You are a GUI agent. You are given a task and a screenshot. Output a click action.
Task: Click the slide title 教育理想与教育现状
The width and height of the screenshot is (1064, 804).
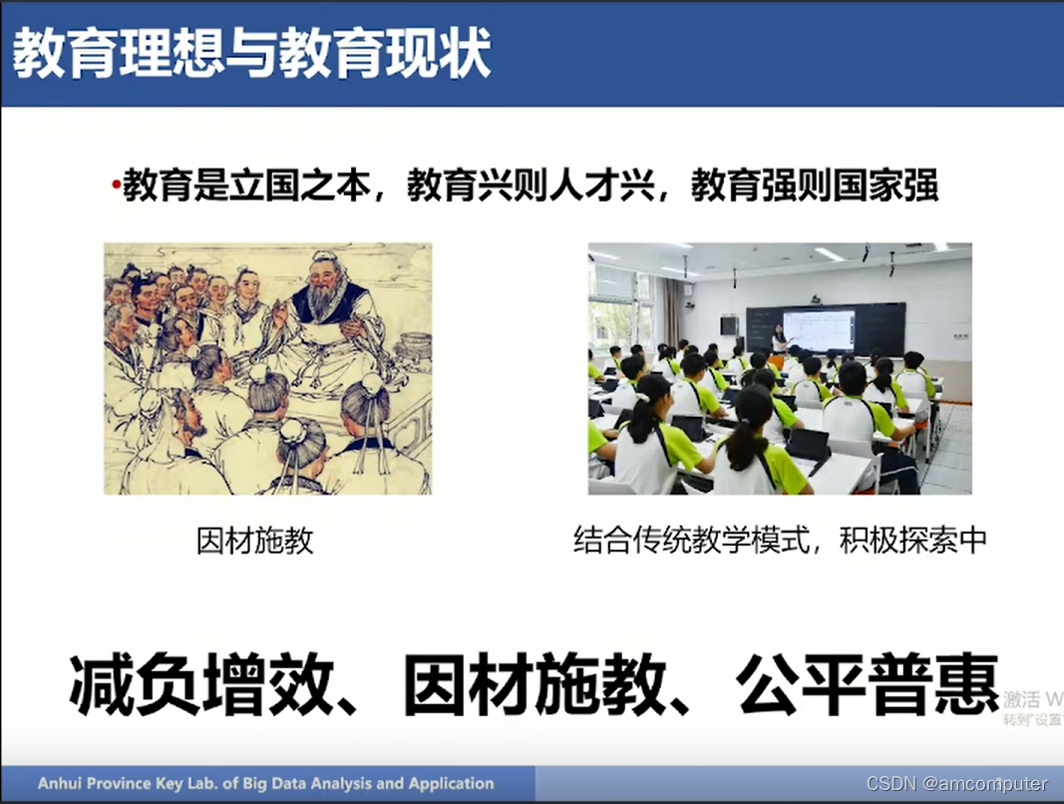pyautogui.click(x=251, y=54)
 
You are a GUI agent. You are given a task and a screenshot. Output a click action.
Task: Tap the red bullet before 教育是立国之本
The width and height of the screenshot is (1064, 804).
pyautogui.click(x=115, y=187)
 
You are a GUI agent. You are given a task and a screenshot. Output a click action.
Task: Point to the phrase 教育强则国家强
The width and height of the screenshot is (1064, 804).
pyautogui.click(x=815, y=187)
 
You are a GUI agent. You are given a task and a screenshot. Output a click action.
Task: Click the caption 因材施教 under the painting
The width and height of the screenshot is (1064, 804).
pyautogui.click(x=255, y=541)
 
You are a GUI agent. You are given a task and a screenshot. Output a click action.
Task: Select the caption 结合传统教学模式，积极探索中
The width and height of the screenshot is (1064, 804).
pyautogui.click(x=780, y=541)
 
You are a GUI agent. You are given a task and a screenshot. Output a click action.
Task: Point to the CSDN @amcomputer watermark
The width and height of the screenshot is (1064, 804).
pyautogui.click(x=957, y=783)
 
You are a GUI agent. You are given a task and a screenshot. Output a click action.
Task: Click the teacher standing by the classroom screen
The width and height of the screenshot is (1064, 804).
pyautogui.click(x=778, y=340)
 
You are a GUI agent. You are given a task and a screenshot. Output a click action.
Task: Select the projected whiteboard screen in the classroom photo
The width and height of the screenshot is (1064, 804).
pyautogui.click(x=818, y=328)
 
